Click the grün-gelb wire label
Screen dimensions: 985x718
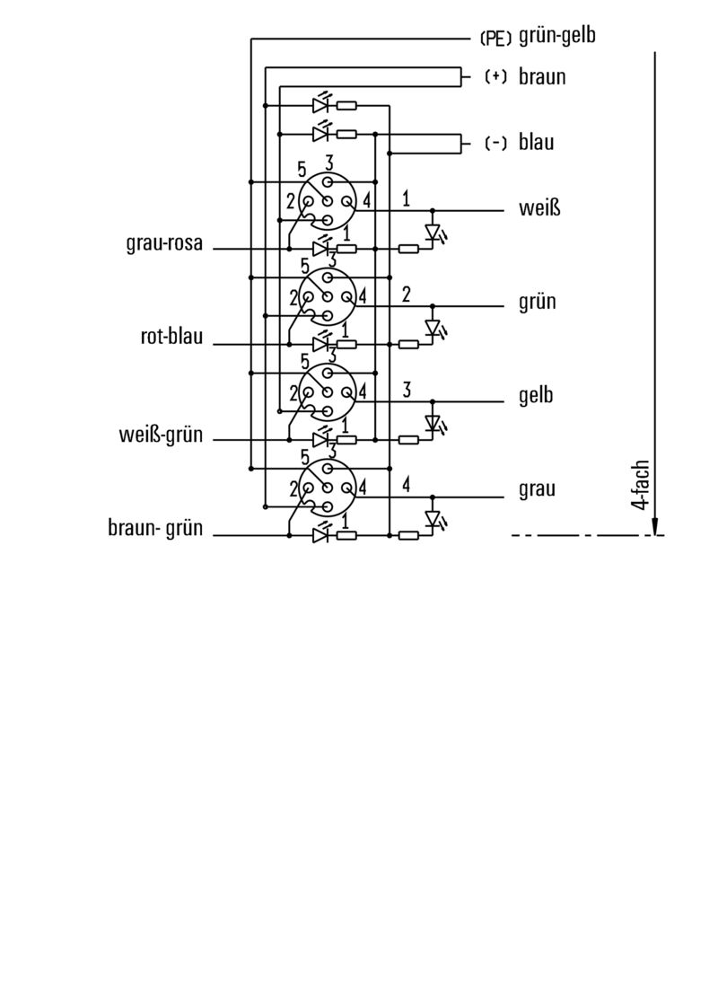point(557,37)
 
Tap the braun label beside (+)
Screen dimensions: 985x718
point(542,76)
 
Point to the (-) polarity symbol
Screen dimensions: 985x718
point(495,143)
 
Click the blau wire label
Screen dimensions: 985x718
point(536,143)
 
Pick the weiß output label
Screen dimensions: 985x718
point(538,208)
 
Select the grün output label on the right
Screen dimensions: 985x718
point(538,302)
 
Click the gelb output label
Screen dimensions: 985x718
point(537,396)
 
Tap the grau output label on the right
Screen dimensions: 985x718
point(537,489)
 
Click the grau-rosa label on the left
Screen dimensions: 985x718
point(164,243)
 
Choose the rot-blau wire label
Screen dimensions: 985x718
point(171,338)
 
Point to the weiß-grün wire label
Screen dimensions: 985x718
point(161,436)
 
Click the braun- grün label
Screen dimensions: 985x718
point(155,530)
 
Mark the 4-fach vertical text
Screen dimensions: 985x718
point(640,485)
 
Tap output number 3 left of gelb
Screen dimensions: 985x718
point(407,390)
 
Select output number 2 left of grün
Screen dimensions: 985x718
point(407,295)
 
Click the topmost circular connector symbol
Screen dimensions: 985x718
point(328,199)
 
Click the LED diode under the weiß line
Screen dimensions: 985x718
point(433,232)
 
